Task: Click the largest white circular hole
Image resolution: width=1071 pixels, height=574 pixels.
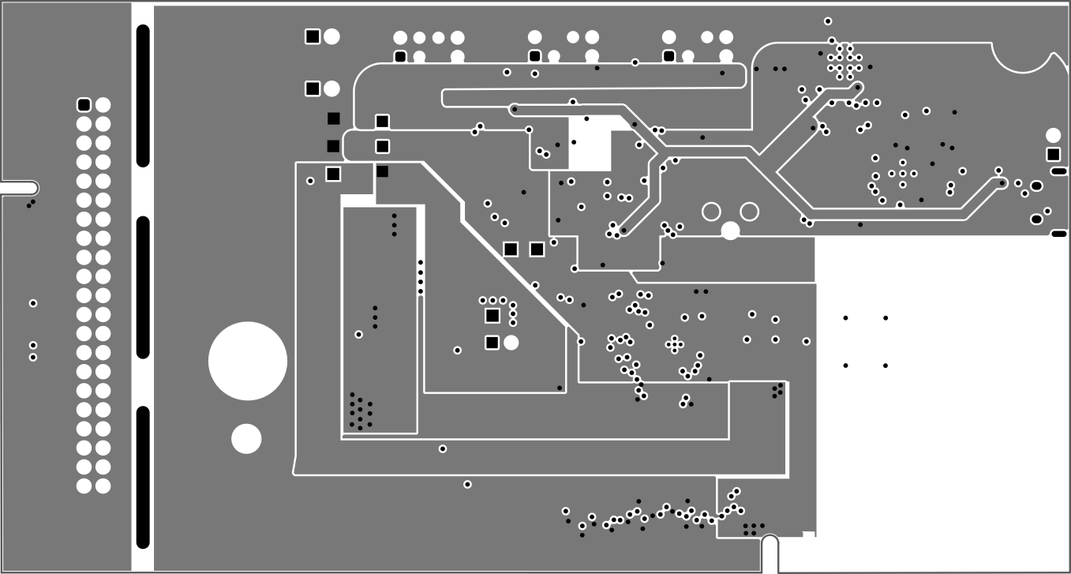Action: tap(248, 361)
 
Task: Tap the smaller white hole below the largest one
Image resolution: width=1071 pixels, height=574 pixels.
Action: tap(246, 439)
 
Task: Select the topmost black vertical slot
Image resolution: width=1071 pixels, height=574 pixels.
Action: tap(143, 96)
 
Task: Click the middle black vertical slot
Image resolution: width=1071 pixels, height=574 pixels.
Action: tap(143, 287)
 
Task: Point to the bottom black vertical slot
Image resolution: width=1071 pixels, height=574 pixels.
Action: tap(143, 476)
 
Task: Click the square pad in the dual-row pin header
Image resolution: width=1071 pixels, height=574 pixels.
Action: tap(84, 105)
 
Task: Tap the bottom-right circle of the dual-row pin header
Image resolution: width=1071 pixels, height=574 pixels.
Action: tap(103, 486)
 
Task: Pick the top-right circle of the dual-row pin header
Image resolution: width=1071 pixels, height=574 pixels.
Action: tap(103, 105)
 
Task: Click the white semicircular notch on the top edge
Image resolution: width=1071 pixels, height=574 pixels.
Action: tap(1023, 55)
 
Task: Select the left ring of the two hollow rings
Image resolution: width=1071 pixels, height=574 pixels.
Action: tap(711, 212)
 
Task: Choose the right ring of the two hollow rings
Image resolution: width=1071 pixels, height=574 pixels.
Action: tap(749, 212)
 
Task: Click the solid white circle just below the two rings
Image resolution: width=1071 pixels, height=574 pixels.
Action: tap(731, 231)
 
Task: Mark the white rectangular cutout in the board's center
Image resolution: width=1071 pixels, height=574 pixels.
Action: tap(590, 143)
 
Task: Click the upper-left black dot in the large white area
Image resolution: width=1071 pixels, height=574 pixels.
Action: tap(845, 318)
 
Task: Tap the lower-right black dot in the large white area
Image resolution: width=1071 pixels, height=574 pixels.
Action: tap(886, 366)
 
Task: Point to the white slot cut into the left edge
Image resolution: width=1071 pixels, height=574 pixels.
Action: tap(19, 188)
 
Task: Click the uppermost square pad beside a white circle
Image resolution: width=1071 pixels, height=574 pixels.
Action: tap(313, 36)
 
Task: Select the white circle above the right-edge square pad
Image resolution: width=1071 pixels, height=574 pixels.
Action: tap(1053, 135)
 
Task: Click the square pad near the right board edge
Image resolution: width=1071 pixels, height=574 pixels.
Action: tap(1053, 154)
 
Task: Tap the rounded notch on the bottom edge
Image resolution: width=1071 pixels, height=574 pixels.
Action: tap(770, 545)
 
